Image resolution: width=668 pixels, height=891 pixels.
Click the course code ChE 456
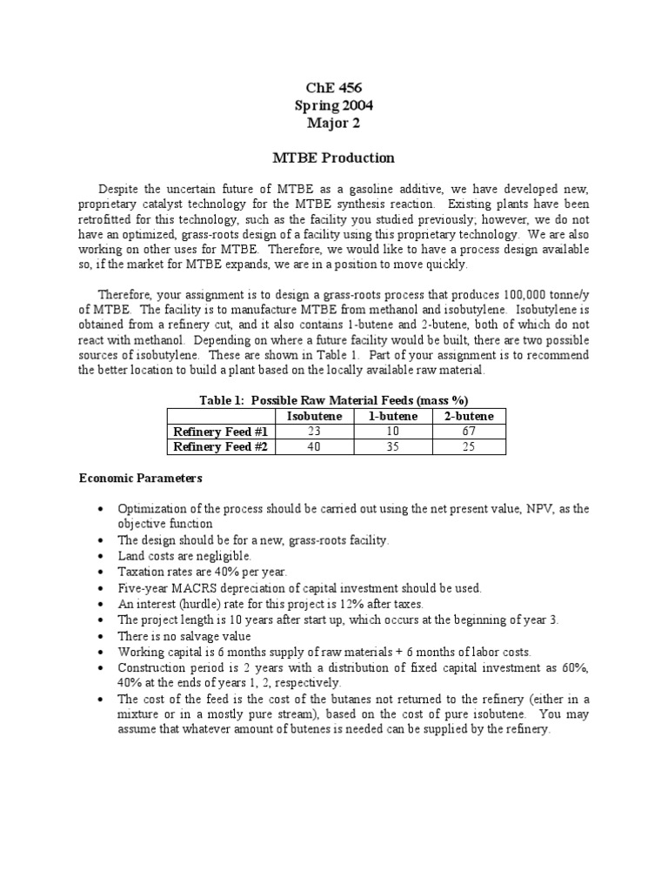333,88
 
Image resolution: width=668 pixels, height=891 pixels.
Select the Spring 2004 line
333,105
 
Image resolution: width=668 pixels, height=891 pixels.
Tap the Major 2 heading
333,123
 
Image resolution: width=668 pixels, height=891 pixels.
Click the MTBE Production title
333,157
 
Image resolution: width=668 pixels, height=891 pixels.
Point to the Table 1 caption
333,400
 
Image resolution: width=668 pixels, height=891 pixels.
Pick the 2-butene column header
469,416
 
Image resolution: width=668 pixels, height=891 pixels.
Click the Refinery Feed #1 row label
221,432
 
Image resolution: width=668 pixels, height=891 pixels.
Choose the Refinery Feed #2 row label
221,447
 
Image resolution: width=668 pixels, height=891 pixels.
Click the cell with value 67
469,432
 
